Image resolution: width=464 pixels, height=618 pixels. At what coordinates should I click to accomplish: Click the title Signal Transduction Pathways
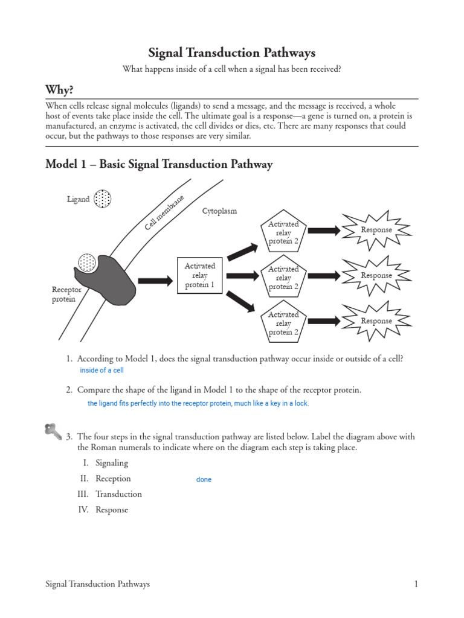click(232, 53)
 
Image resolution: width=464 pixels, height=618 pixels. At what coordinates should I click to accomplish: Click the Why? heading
click(59, 90)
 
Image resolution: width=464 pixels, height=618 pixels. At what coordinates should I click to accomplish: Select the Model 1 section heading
click(159, 164)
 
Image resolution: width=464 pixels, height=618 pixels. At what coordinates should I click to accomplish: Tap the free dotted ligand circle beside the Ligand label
click(103, 199)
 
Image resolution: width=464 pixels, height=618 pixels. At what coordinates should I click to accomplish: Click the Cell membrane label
click(164, 212)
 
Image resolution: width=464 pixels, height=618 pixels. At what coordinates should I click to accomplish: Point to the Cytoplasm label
click(219, 211)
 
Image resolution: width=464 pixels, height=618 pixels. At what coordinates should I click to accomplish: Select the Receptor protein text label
click(66, 295)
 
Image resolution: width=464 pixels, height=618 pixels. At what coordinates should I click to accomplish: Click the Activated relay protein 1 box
click(199, 275)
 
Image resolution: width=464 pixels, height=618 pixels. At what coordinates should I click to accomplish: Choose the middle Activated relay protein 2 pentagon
click(283, 278)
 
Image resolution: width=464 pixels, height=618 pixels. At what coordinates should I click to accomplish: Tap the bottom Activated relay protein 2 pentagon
click(283, 323)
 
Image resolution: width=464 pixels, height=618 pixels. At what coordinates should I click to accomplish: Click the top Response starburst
click(376, 230)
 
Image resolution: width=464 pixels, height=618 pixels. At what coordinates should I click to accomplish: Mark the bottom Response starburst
click(376, 321)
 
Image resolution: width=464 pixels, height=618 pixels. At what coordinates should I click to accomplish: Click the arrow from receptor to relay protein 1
click(155, 281)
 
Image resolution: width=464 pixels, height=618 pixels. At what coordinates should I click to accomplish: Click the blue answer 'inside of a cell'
click(101, 371)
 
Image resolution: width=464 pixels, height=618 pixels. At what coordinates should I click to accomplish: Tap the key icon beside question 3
click(53, 431)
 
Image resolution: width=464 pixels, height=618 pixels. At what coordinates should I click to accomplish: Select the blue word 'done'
click(204, 480)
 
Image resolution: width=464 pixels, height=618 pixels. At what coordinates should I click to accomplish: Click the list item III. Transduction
click(111, 494)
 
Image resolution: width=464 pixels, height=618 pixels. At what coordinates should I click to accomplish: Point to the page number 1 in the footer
click(416, 584)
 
